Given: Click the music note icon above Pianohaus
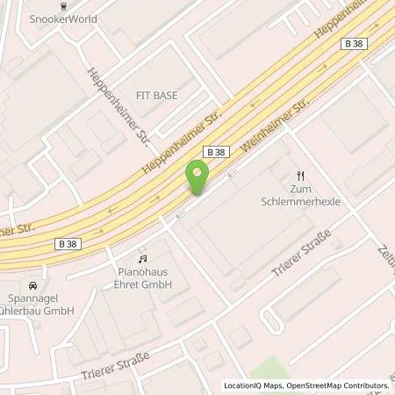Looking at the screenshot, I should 140,260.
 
